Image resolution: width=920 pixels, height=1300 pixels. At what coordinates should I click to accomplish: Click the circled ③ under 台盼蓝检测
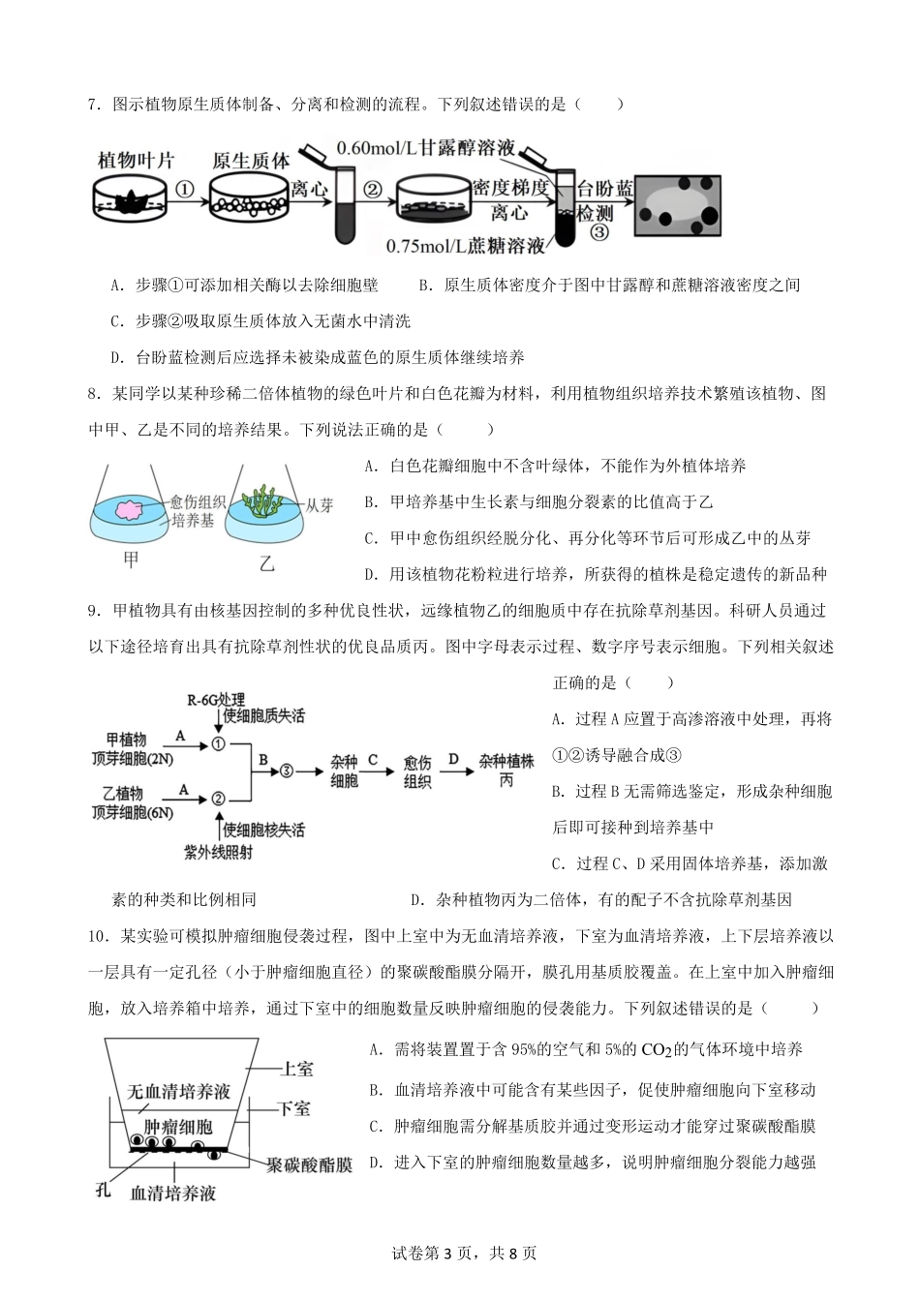coord(599,232)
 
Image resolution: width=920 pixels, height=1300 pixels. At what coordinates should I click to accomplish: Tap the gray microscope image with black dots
coord(678,204)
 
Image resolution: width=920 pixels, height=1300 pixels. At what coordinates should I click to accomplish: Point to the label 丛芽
coord(320,504)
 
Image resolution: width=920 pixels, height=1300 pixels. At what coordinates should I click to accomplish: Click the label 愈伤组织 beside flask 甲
coord(198,501)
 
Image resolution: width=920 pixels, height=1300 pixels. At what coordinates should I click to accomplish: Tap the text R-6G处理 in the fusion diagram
coord(216,699)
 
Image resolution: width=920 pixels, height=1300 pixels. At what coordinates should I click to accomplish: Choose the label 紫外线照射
coord(219,852)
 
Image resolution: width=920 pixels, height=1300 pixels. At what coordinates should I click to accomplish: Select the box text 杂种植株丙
coord(506,770)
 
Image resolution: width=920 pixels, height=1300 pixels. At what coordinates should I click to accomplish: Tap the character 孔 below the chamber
coord(105,1190)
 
